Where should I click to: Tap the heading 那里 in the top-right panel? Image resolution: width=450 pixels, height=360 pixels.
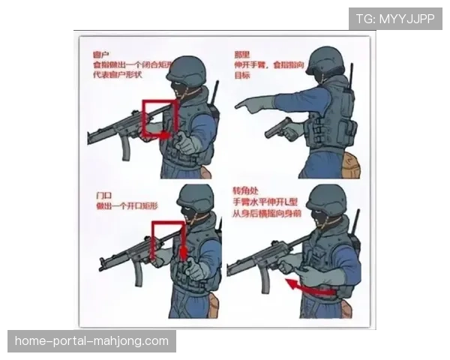242,55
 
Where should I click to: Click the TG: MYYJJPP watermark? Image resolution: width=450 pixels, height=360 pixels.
394,19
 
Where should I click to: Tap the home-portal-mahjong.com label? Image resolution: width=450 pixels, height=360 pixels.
92,341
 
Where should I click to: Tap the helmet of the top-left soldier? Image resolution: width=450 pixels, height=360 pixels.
186,71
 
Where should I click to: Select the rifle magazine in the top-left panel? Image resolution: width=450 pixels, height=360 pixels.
125,148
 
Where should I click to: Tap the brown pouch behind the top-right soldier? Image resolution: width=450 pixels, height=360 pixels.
351,164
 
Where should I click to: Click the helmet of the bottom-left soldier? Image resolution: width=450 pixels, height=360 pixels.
196,199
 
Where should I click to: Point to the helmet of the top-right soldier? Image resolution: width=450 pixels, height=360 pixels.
325,61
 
